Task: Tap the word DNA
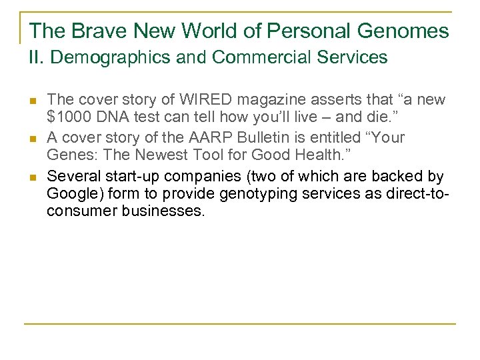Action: coord(109,119)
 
